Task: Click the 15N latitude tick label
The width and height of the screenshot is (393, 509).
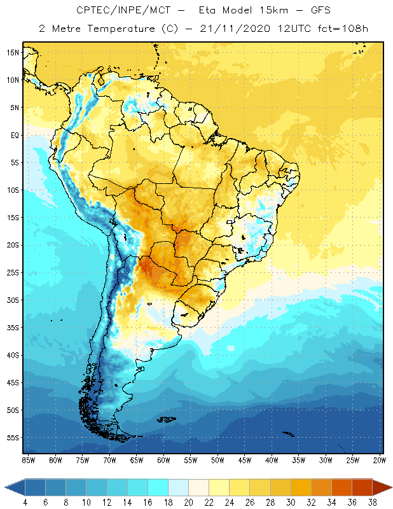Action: pos(13,52)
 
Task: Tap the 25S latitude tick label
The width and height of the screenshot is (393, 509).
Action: pos(13,272)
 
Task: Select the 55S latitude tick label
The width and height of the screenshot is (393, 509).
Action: pos(13,438)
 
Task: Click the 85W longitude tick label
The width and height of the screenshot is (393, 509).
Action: pos(28,459)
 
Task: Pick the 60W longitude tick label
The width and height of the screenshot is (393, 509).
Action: pos(163,459)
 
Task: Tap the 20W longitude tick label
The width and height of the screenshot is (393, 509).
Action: pos(380,459)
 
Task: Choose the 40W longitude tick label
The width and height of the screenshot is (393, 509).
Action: pos(272,459)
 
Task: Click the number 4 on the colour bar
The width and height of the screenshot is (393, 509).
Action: pos(25,502)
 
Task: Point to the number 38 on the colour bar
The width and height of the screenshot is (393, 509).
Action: pos(372,502)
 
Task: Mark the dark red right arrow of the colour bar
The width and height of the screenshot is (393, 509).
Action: pos(382,487)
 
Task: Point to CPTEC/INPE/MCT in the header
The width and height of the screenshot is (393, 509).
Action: pos(117,11)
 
